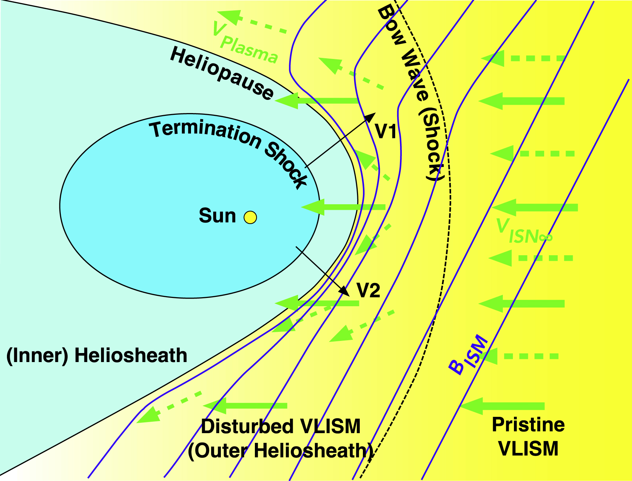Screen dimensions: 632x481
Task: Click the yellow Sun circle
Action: click(250, 217)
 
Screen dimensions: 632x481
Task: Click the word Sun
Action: click(217, 216)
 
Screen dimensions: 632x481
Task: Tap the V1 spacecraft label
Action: click(385, 132)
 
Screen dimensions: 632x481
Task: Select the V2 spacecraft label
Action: click(368, 291)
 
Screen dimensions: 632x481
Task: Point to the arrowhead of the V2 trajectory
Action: click(345, 292)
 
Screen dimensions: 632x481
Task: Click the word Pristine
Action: click(528, 424)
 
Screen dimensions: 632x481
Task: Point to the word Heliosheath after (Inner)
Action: click(131, 356)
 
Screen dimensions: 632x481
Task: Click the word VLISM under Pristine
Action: click(528, 448)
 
